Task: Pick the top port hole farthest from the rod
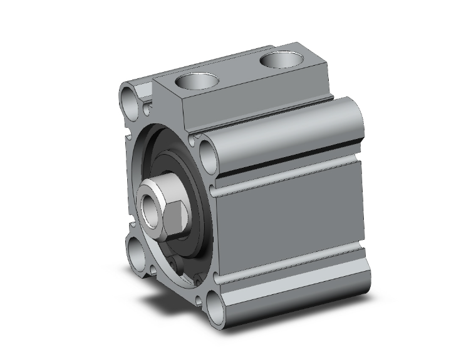click(x=279, y=61)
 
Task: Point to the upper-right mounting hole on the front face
click(x=207, y=152)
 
